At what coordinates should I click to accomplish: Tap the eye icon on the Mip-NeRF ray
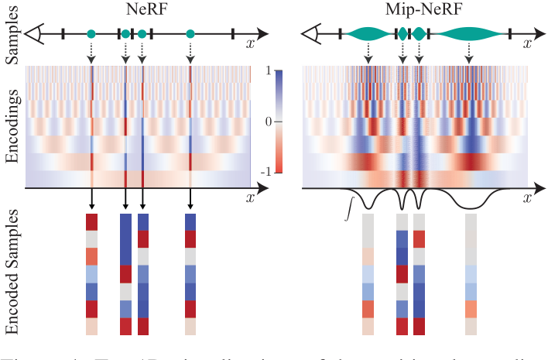point(312,33)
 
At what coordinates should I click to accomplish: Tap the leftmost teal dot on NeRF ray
point(91,33)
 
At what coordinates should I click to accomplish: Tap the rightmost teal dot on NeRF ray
point(190,33)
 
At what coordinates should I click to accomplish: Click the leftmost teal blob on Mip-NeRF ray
point(368,33)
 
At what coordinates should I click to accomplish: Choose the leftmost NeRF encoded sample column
point(92,274)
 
